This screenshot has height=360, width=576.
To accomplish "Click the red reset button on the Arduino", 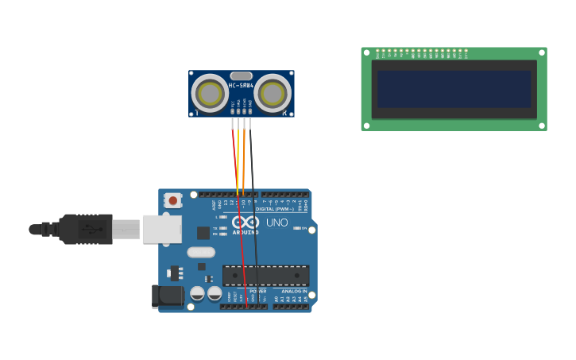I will click(173, 200).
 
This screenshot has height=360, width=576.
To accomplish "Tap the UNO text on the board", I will click(277, 223).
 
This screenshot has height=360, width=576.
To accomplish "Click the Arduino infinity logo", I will click(245, 223).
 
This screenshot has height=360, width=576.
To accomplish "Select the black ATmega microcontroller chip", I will click(265, 275).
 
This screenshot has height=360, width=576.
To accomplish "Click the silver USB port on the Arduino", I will click(162, 229).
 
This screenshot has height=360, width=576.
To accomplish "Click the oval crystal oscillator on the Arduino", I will click(201, 252).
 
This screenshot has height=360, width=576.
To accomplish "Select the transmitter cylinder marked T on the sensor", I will click(210, 93).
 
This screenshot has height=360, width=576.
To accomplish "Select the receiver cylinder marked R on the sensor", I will click(273, 93).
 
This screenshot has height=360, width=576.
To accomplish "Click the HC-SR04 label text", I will click(241, 85).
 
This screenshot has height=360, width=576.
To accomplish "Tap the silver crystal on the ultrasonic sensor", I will click(242, 75).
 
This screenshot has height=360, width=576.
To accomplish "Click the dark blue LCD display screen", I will click(454, 89).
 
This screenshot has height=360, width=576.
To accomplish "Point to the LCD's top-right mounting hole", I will click(542, 52).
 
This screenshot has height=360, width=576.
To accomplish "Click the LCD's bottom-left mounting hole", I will click(366, 125).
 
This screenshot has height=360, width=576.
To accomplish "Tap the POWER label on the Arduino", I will click(258, 292).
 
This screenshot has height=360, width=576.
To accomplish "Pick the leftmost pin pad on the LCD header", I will click(377, 50).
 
